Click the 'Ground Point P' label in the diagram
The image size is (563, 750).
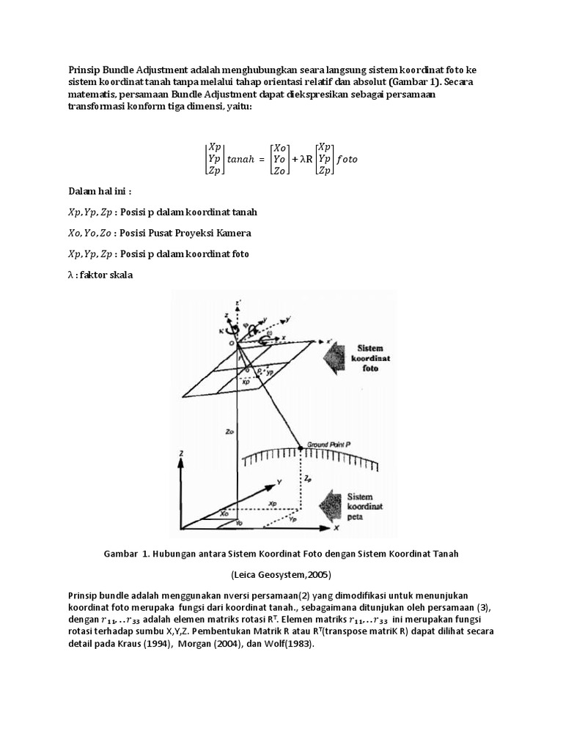331,444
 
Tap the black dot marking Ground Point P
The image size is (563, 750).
301,446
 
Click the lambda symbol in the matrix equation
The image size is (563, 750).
301,159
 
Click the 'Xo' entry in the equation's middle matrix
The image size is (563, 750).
279,147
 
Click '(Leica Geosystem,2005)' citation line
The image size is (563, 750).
281,575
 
